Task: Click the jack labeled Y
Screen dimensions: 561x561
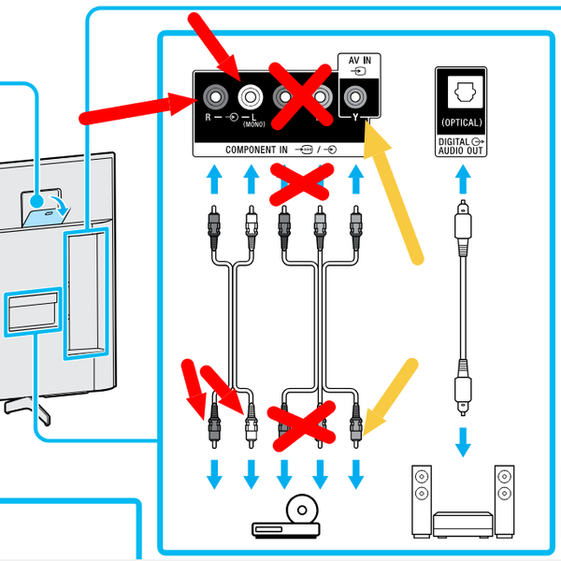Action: (355, 96)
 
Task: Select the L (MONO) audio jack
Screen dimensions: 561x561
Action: (250, 96)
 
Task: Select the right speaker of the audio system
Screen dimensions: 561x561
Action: (504, 497)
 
